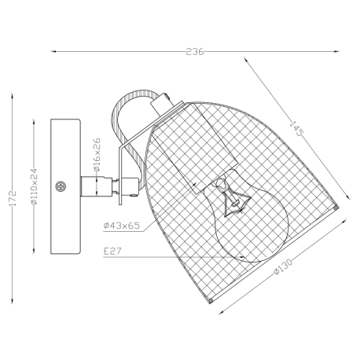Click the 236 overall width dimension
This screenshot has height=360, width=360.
coord(195,52)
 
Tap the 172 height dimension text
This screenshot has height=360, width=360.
coord(13,198)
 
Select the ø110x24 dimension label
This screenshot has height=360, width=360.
coord(35,186)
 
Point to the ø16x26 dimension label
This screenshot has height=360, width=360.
coord(97,155)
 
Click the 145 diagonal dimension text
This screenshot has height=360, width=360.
coord(296,128)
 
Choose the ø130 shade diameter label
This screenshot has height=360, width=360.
coord(283,266)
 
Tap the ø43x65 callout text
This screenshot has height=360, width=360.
coord(122,226)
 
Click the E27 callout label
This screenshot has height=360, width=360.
coord(112,252)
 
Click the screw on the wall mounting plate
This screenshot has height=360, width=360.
coord(61,186)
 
